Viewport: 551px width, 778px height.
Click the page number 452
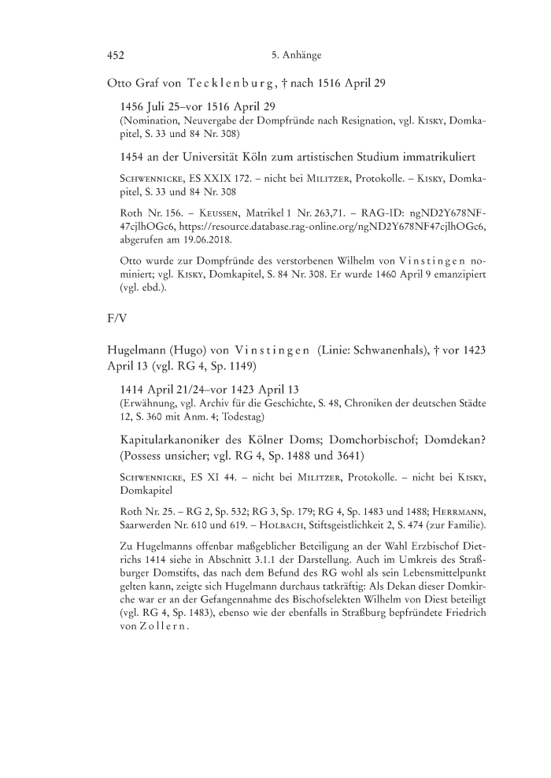tap(116, 55)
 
